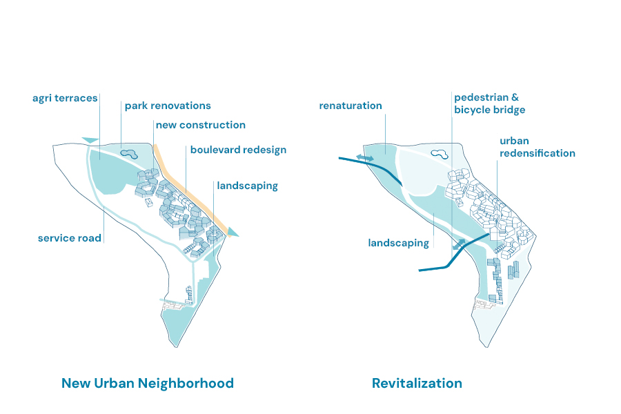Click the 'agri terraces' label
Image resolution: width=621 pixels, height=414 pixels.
click(x=65, y=98)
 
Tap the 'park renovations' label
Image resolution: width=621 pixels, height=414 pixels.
click(x=168, y=106)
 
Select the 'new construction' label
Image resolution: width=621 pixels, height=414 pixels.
click(x=200, y=125)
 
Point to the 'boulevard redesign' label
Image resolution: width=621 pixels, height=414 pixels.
click(x=238, y=150)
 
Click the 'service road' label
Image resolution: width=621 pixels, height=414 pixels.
click(x=70, y=238)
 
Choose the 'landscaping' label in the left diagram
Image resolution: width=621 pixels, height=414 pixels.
click(x=247, y=186)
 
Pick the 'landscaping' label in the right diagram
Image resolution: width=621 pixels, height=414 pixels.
click(x=398, y=243)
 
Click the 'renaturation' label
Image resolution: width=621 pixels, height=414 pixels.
click(x=351, y=106)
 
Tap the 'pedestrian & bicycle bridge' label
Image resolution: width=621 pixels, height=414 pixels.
click(x=489, y=103)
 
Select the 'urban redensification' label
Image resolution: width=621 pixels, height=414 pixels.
click(x=537, y=147)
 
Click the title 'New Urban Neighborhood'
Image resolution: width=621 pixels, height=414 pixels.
click(x=148, y=383)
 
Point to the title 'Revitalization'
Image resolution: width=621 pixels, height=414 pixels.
click(x=417, y=383)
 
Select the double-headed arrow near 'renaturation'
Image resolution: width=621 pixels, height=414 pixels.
click(x=365, y=158)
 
